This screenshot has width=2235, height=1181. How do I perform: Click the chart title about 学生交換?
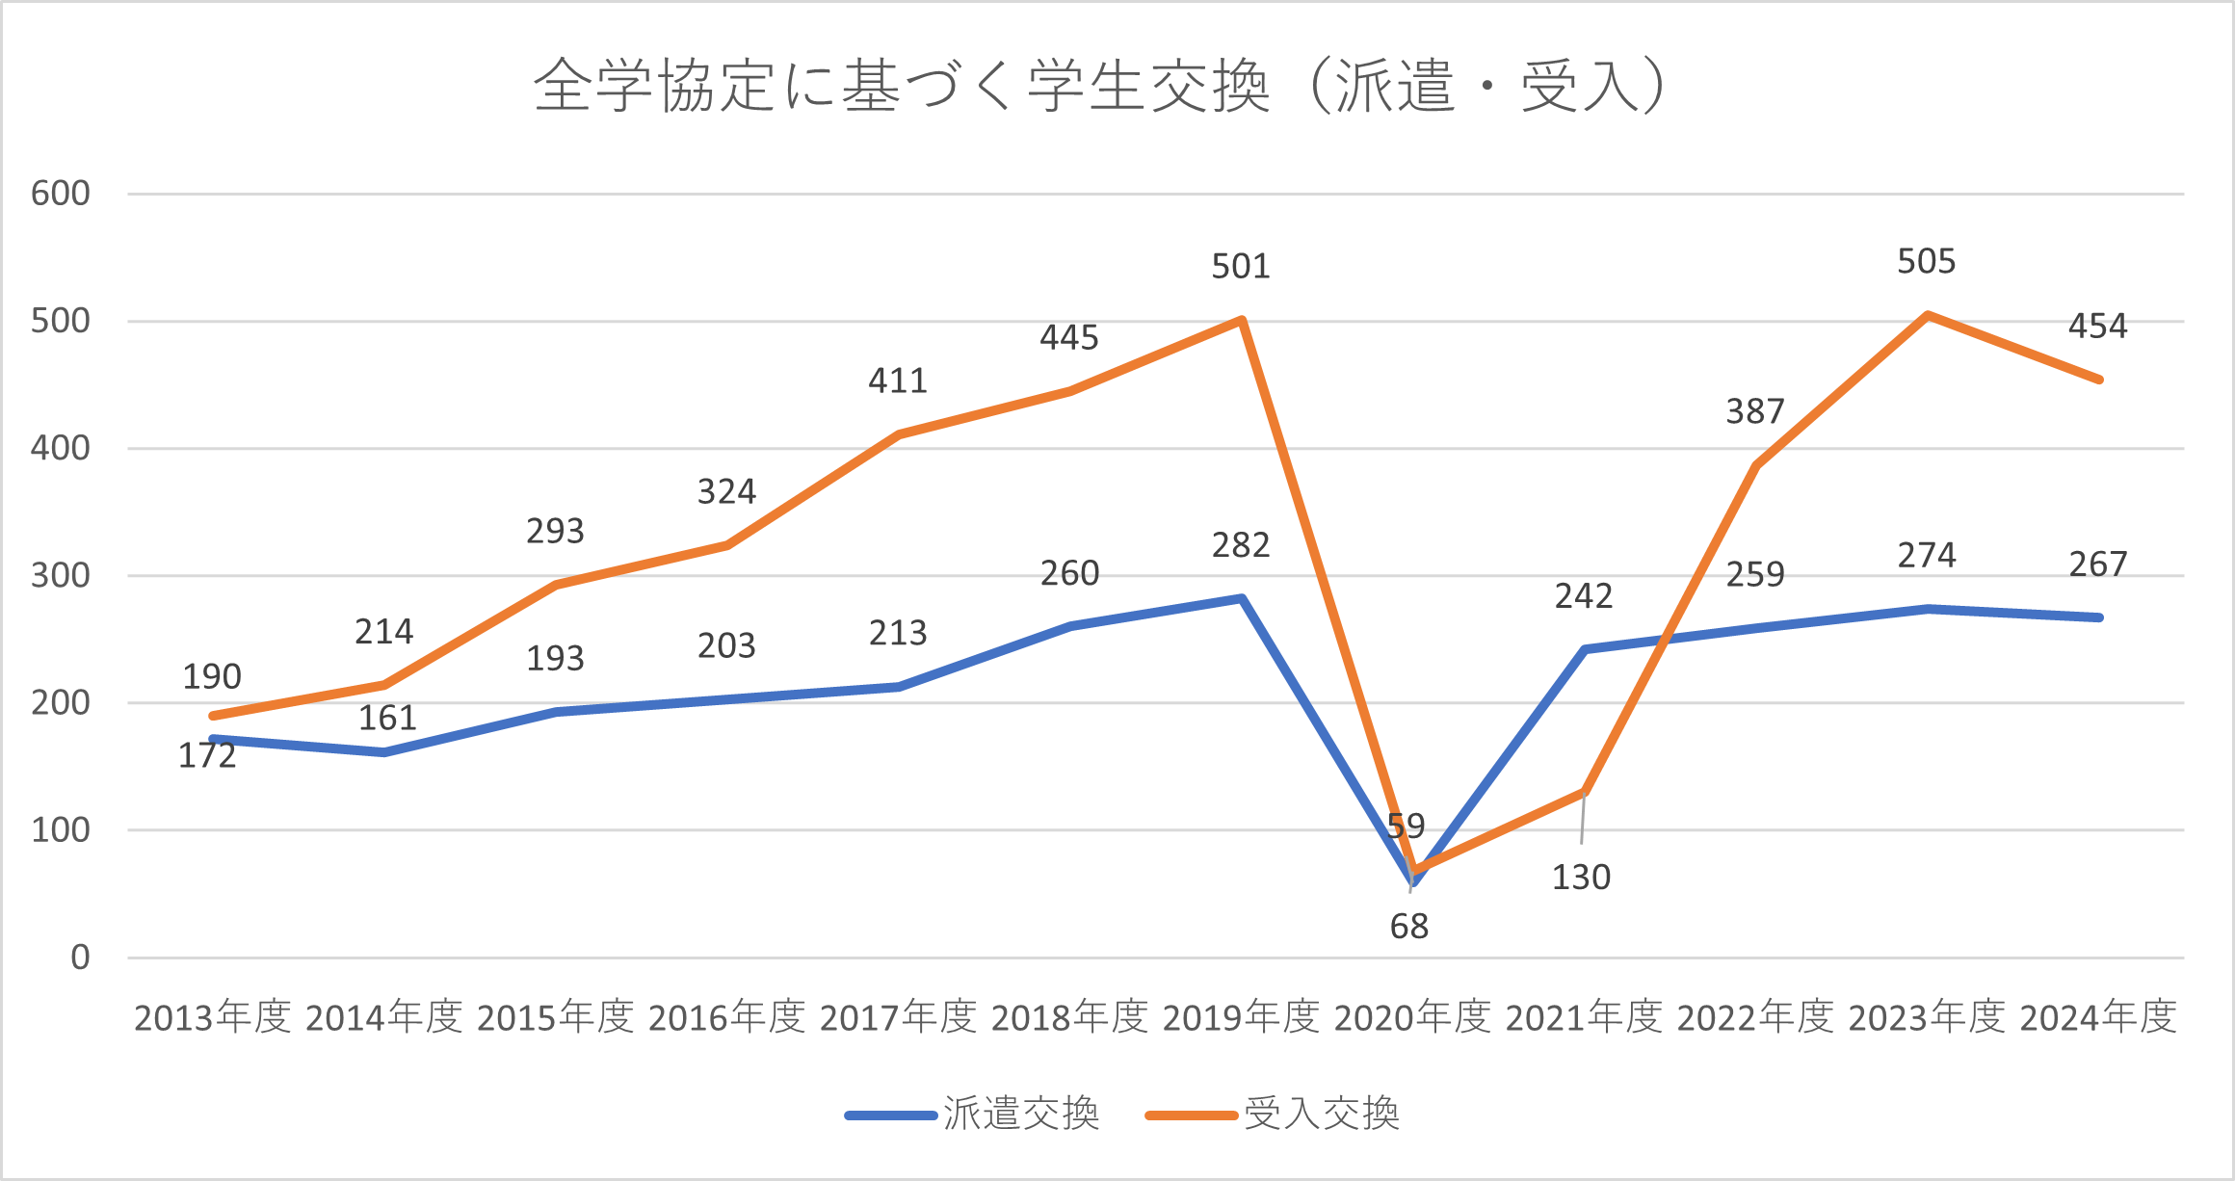coord(1100,87)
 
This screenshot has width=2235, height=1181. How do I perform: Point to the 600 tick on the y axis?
coord(60,194)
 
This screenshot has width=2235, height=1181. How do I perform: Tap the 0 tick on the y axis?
coord(80,958)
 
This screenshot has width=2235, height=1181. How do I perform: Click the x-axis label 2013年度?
coord(212,1017)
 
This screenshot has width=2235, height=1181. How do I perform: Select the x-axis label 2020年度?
coord(1412,1017)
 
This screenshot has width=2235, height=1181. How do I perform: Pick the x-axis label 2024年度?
coord(2098,1017)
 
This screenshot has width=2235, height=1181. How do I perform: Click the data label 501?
coord(1241,266)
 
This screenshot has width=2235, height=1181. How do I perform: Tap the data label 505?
coord(1927,261)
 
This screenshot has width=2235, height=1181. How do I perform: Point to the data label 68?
coord(1408,927)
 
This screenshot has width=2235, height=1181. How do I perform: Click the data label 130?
coord(1581,878)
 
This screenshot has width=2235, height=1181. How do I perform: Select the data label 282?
coord(1241,545)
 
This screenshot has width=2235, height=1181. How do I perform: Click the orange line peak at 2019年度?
coord(1242,320)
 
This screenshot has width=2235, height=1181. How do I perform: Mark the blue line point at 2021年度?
coord(1585,649)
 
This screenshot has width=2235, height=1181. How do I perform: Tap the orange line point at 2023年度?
coord(1927,315)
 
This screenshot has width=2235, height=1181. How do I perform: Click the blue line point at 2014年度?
coord(384,752)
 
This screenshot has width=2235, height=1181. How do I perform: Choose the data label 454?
coord(2098,326)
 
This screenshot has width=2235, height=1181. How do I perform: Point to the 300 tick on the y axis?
coord(60,576)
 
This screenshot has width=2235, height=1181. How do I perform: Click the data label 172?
coord(207,756)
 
